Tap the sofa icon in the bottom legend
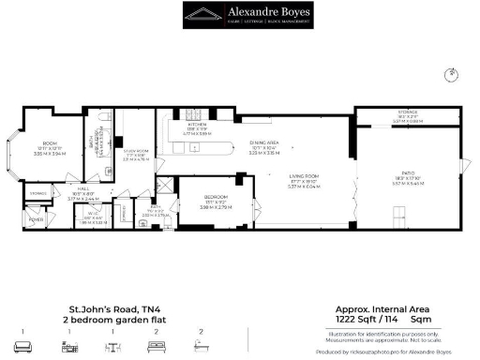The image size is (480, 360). coord(22,346)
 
